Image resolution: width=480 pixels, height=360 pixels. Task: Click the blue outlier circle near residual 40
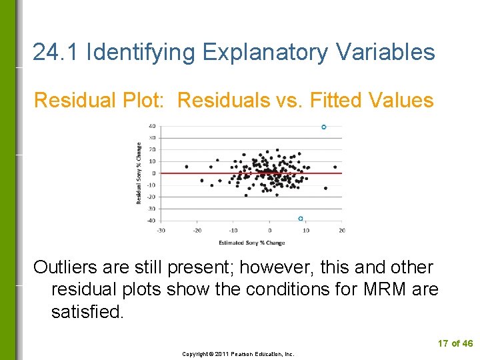tap(324, 127)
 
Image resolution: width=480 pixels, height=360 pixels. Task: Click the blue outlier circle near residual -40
tap(301, 219)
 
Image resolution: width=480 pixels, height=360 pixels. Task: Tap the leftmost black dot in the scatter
tap(186, 167)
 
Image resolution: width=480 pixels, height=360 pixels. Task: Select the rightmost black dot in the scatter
tap(335, 167)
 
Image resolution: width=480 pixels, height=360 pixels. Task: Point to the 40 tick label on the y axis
tap(152, 126)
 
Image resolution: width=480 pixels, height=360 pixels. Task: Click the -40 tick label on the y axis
tap(151, 221)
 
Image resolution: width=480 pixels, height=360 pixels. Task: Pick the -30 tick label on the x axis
tap(161, 231)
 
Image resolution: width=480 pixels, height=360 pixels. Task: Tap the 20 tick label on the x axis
tap(341, 231)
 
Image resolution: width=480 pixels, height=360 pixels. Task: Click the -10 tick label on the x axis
tap(233, 231)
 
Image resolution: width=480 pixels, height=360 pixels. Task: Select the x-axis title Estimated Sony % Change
tap(251, 243)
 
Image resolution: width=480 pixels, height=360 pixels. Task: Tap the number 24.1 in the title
tap(57, 52)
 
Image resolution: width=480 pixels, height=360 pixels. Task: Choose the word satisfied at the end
tap(87, 312)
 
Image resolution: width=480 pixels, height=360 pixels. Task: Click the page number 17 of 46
tap(455, 343)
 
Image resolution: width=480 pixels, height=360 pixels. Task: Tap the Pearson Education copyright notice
tap(239, 354)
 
